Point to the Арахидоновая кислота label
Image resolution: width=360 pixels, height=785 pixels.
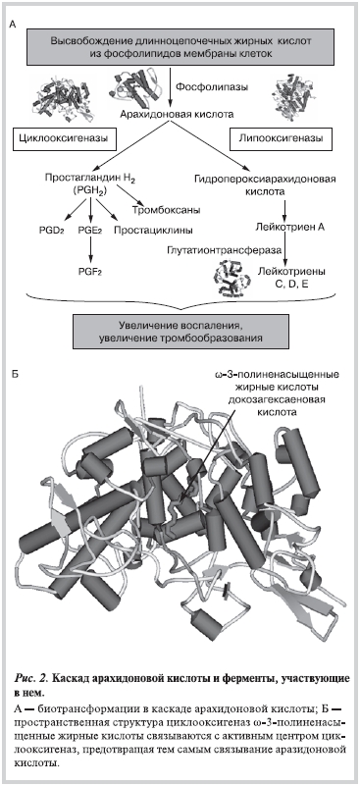[177, 114]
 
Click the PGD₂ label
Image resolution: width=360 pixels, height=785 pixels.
[51, 231]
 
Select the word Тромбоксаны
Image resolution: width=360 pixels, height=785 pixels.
[166, 210]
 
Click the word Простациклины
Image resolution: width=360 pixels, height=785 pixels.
[153, 231]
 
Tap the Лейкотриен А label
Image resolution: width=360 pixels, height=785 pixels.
[291, 228]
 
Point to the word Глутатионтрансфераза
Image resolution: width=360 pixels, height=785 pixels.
[223, 249]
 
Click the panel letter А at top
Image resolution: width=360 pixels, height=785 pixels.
[14, 24]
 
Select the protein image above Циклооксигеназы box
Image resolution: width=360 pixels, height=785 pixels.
[62, 99]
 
